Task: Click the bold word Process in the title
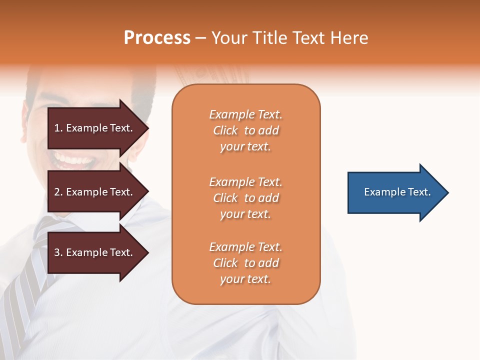[x=157, y=38]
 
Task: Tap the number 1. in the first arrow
[x=58, y=128]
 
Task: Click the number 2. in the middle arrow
[x=58, y=192]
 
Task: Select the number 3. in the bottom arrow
[x=58, y=252]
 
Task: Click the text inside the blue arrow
[x=397, y=192]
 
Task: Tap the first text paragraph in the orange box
[x=245, y=130]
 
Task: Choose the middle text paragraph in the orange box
[x=245, y=198]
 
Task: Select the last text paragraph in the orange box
[x=245, y=263]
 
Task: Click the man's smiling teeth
[x=75, y=161]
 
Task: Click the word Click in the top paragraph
[x=225, y=130]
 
